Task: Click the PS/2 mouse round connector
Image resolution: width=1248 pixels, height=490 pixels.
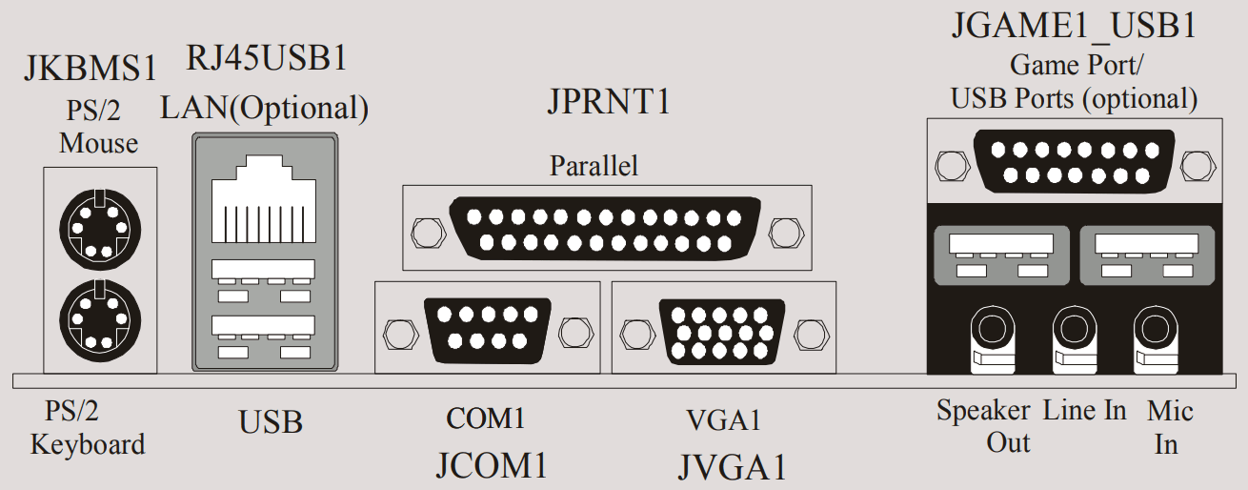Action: [99, 226]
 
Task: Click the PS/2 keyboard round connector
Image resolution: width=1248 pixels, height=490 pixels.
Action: [99, 317]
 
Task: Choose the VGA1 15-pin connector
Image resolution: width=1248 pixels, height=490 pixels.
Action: [723, 331]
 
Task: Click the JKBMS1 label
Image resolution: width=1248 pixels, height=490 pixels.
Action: [90, 70]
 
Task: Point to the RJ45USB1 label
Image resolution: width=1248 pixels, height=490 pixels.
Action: [266, 59]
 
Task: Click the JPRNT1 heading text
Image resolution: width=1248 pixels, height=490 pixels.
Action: [609, 101]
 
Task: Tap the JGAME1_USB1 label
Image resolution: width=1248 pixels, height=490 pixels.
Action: [1074, 26]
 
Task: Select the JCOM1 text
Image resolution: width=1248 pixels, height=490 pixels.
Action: [492, 466]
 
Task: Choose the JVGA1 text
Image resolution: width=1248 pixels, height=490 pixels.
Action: [733, 467]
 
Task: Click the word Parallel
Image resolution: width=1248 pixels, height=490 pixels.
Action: [594, 166]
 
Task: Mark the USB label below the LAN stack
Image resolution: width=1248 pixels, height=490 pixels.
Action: [271, 422]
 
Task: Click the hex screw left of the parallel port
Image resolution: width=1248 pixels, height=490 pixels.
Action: [426, 231]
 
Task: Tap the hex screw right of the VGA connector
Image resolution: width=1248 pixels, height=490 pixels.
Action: [809, 334]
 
